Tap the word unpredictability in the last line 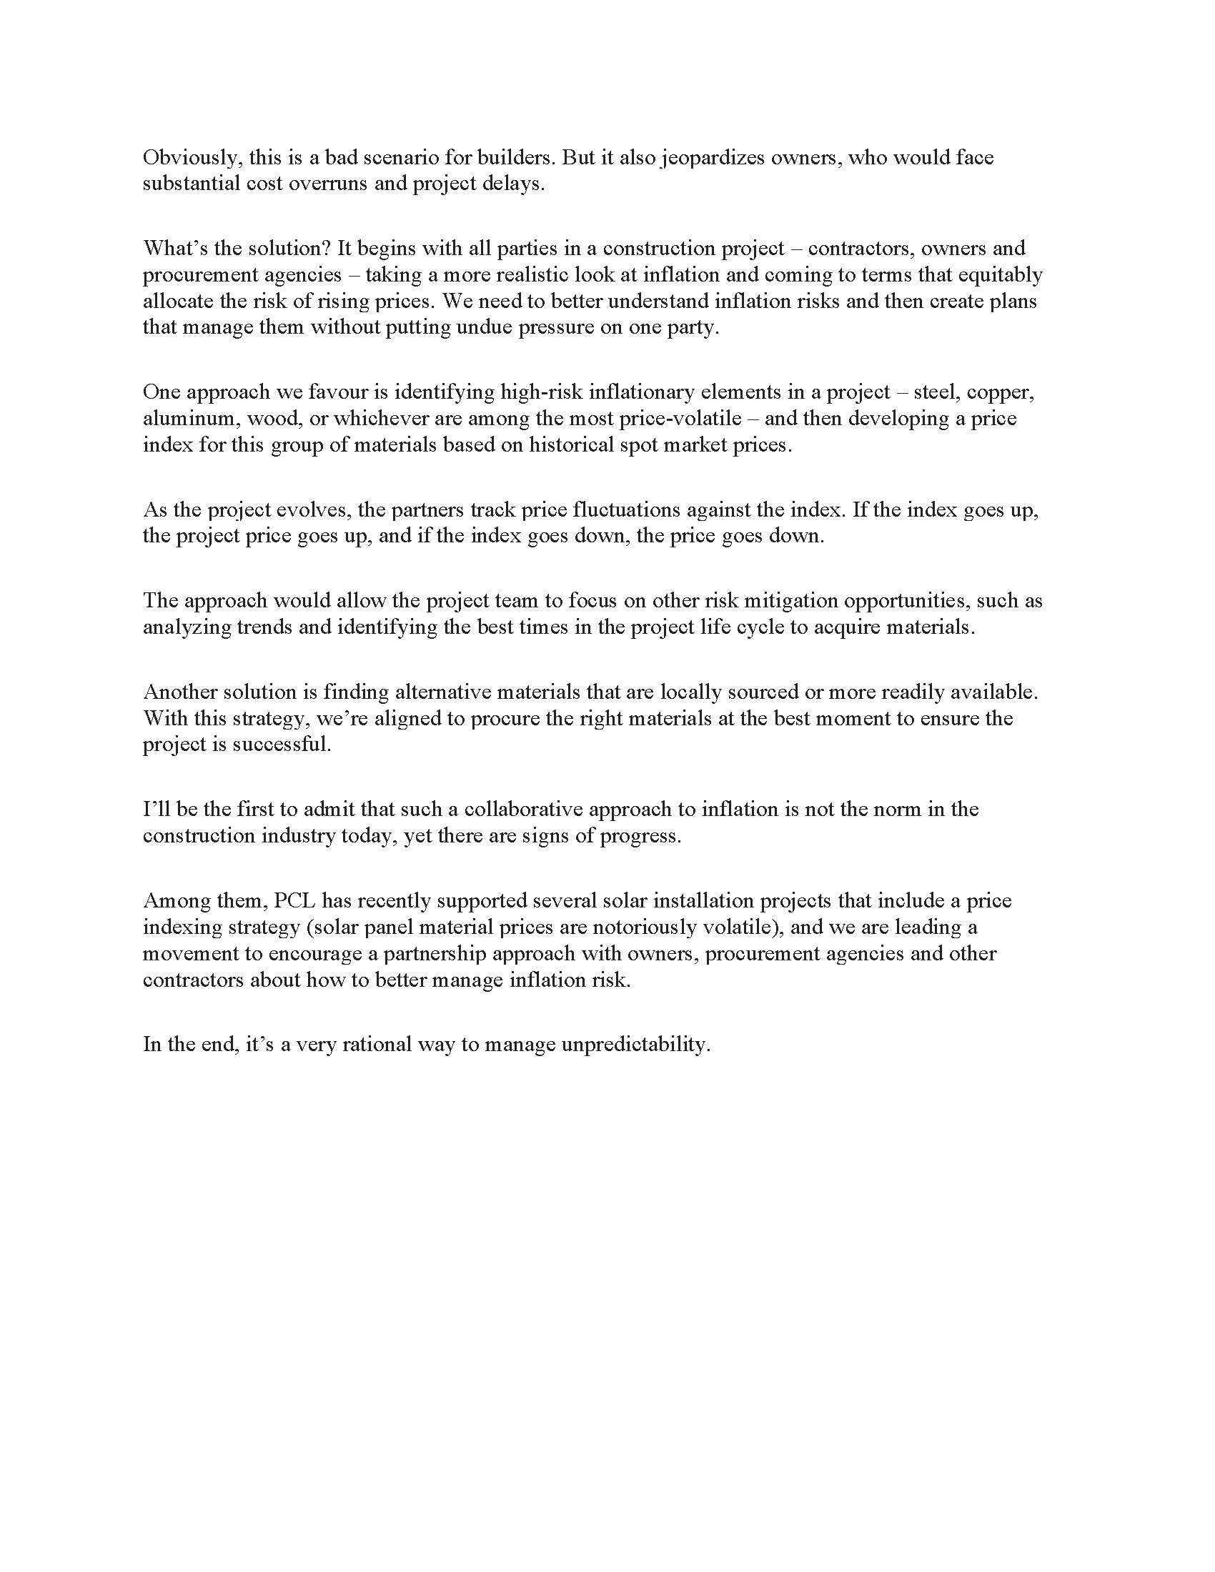[635, 1045]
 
